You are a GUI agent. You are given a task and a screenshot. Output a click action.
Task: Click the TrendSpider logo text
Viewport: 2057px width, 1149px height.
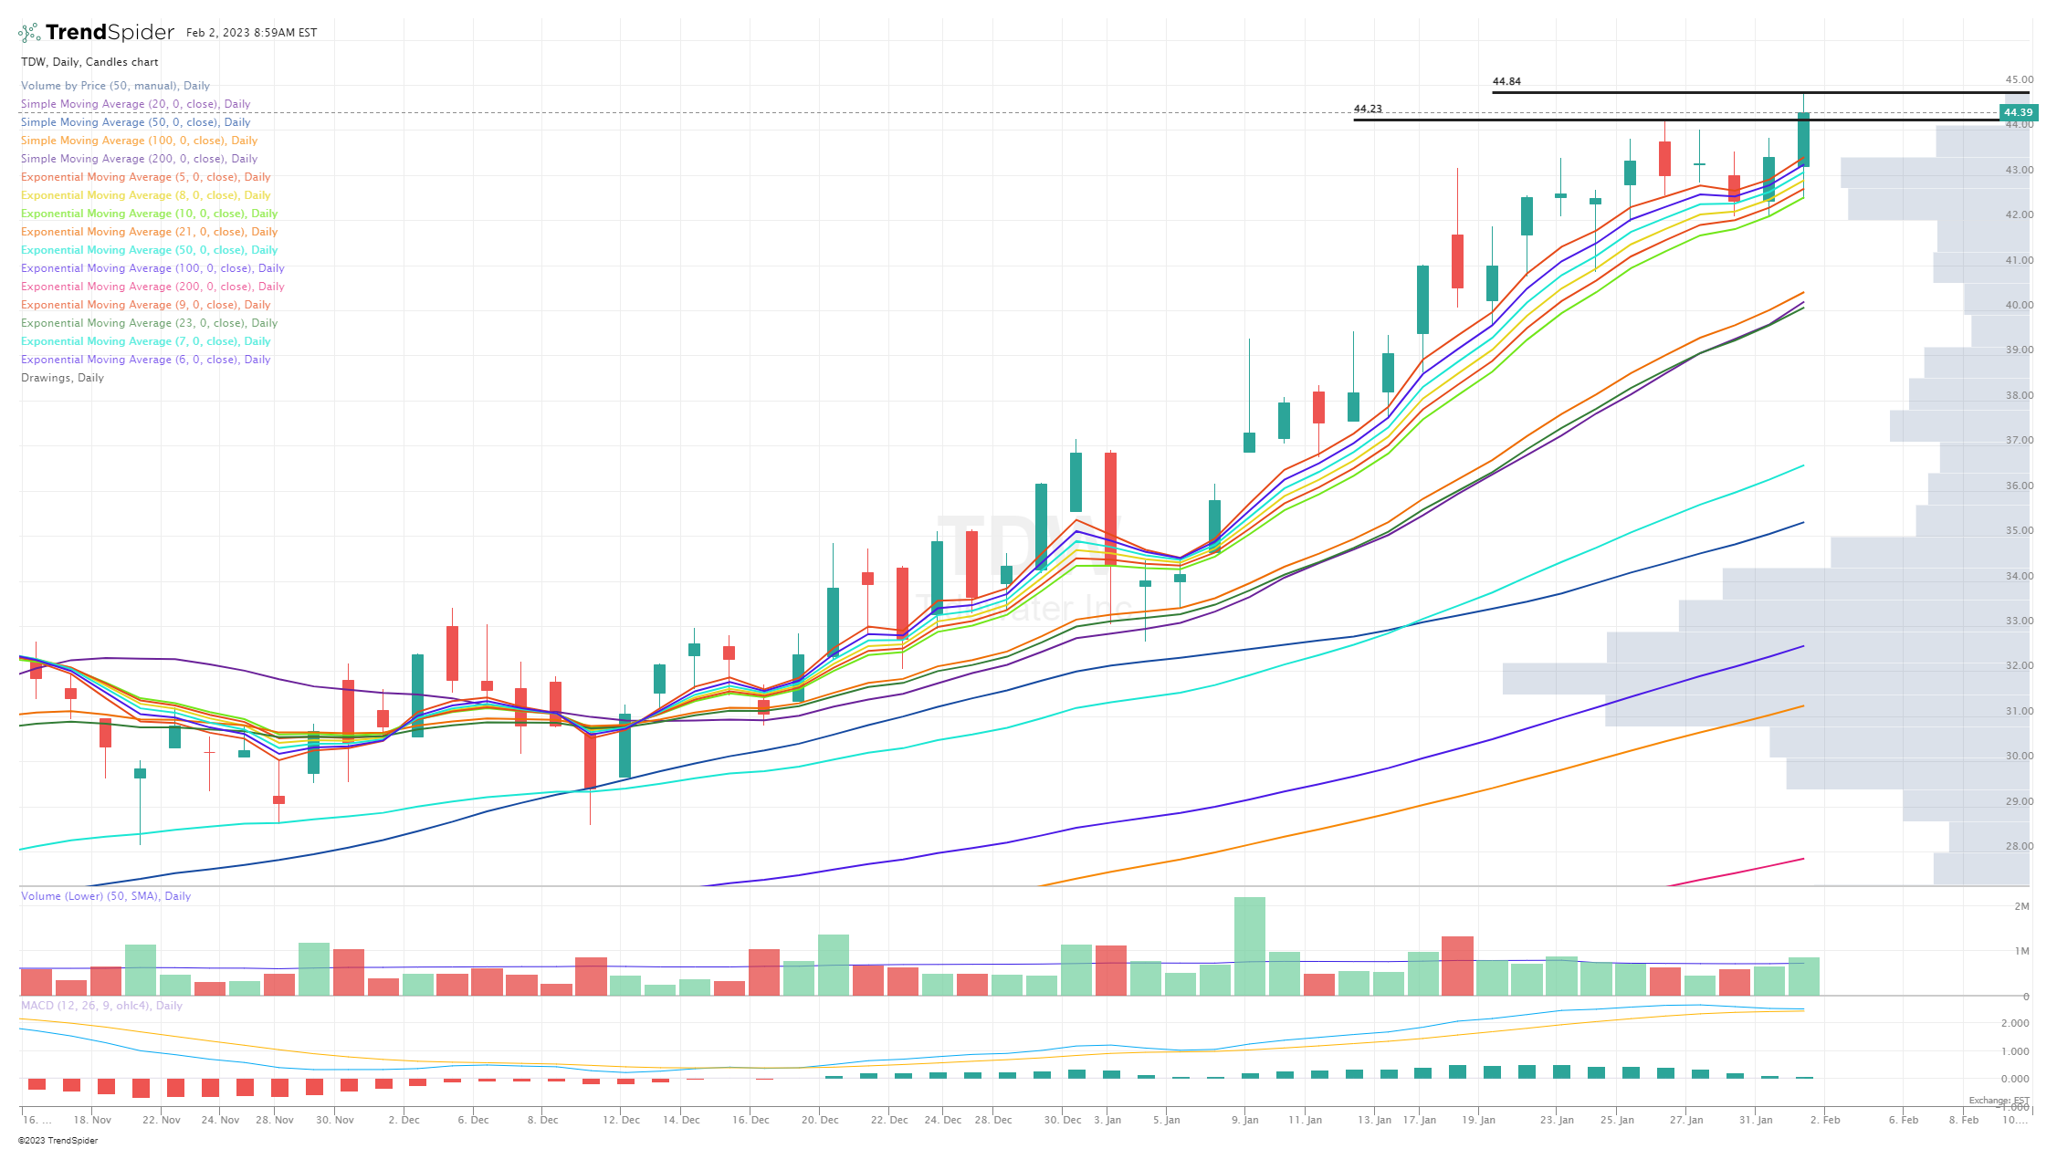tap(109, 33)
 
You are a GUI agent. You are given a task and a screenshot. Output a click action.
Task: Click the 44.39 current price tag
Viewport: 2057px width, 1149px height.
tap(2018, 113)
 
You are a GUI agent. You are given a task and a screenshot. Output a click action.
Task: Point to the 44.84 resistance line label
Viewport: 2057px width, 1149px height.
tap(1506, 81)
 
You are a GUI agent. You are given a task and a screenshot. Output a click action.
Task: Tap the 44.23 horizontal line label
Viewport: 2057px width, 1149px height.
tap(1368, 109)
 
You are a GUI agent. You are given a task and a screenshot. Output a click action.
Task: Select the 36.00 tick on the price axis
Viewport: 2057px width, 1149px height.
tap(2019, 486)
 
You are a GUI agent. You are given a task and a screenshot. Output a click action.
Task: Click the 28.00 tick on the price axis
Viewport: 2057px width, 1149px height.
tap(2019, 846)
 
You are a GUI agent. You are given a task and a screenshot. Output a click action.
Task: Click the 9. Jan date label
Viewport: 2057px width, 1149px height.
tap(1244, 1120)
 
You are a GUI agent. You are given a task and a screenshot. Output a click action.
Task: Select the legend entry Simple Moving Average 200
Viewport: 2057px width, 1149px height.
tap(139, 159)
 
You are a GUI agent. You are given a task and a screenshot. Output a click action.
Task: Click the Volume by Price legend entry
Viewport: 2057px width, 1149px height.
tap(115, 86)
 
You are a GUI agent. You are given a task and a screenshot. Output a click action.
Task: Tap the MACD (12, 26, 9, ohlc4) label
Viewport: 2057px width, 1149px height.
tap(101, 1006)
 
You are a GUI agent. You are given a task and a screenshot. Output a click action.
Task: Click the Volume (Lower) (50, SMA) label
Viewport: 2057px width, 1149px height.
tap(106, 896)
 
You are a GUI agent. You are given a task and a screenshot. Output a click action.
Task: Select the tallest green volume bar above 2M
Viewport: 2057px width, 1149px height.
tap(1250, 945)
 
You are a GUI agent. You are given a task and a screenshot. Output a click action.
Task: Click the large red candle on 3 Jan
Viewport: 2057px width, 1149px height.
tap(1110, 508)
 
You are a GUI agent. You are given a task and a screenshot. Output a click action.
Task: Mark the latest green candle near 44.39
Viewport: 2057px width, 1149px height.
tap(1803, 140)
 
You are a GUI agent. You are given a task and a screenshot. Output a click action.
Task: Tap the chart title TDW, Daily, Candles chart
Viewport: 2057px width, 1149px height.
tap(89, 62)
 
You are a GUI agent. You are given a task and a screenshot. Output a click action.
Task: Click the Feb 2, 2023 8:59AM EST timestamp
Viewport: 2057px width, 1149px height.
tap(251, 33)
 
